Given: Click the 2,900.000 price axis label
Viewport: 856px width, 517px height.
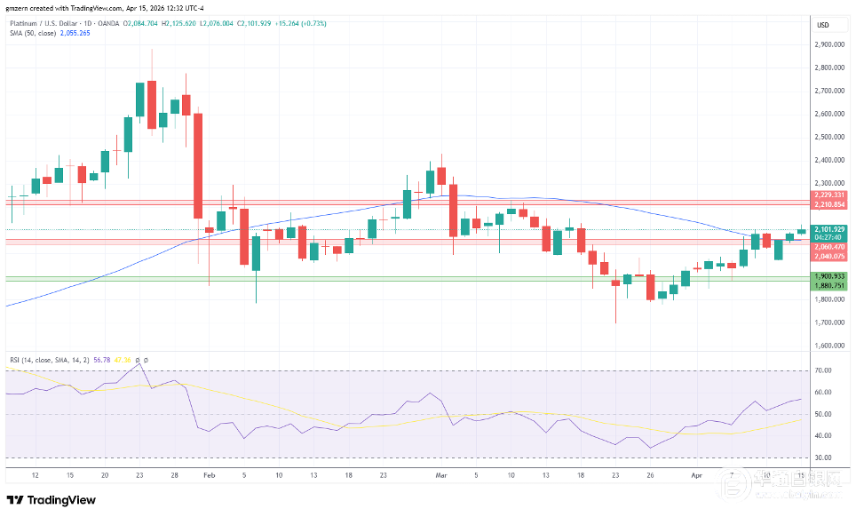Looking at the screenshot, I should point(828,44).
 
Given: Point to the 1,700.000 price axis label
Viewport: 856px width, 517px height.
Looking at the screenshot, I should point(828,322).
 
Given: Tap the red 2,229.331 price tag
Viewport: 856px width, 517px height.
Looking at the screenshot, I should point(828,195).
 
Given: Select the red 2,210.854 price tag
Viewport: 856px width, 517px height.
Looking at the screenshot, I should point(828,204).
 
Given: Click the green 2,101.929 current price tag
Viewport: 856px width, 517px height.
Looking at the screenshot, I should point(828,229).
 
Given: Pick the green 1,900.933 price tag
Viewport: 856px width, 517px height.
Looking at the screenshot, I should point(828,276).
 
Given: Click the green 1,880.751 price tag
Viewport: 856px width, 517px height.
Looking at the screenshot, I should point(828,285).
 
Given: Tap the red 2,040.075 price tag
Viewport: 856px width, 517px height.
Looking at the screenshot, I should point(828,257).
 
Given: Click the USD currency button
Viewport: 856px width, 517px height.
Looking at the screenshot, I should point(822,25).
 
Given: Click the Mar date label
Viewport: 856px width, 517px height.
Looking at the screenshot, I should point(440,475).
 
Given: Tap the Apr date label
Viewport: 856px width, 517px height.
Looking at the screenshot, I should point(697,475).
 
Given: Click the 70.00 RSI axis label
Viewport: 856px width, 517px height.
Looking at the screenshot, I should point(822,370).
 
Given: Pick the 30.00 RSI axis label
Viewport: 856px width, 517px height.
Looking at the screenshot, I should point(822,457).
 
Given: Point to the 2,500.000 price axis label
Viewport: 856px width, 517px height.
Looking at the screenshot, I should point(828,137).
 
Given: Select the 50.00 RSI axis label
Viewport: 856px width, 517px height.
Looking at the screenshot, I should point(822,414).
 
